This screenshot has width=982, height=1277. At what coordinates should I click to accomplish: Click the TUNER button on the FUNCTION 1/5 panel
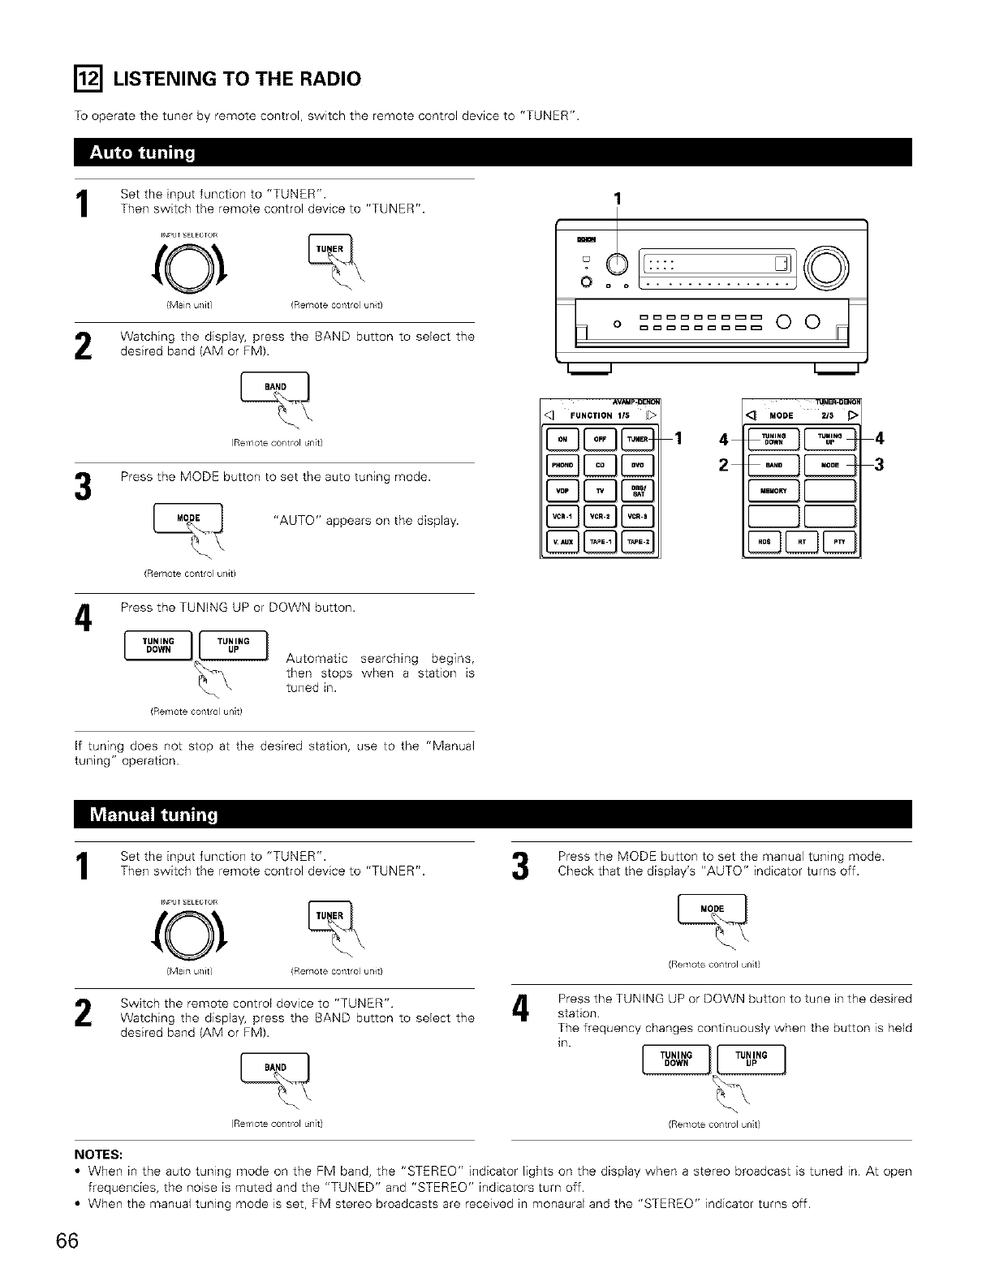coord(638,440)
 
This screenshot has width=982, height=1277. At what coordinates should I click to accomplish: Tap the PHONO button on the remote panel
coord(563,466)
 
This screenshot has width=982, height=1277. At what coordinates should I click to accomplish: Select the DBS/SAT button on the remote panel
coord(637,492)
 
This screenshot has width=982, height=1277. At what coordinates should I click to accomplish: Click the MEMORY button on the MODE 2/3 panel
coord(773,491)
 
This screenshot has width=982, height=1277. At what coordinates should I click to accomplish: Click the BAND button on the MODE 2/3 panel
coord(773,466)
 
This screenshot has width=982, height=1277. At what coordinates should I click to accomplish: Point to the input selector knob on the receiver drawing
coord(617,263)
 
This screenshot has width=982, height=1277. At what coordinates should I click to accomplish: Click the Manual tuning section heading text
coord(154,815)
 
